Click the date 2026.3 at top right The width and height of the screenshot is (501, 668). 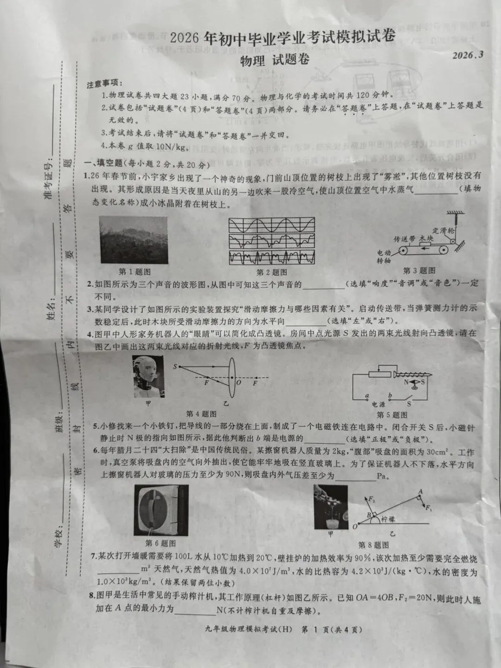[468, 55]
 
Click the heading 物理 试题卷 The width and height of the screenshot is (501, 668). [275, 60]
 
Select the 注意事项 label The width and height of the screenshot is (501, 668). [104, 85]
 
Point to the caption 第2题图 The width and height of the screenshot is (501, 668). [272, 272]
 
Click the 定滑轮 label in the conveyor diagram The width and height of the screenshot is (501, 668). [443, 230]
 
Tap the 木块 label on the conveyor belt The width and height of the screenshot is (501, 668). [426, 238]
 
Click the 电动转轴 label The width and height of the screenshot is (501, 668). [384, 257]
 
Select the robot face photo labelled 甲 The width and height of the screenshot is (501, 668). [148, 376]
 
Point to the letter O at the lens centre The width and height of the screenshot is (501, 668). [239, 383]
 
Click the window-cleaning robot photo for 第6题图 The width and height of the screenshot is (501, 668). [161, 510]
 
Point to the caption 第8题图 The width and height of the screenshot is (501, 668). [373, 545]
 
